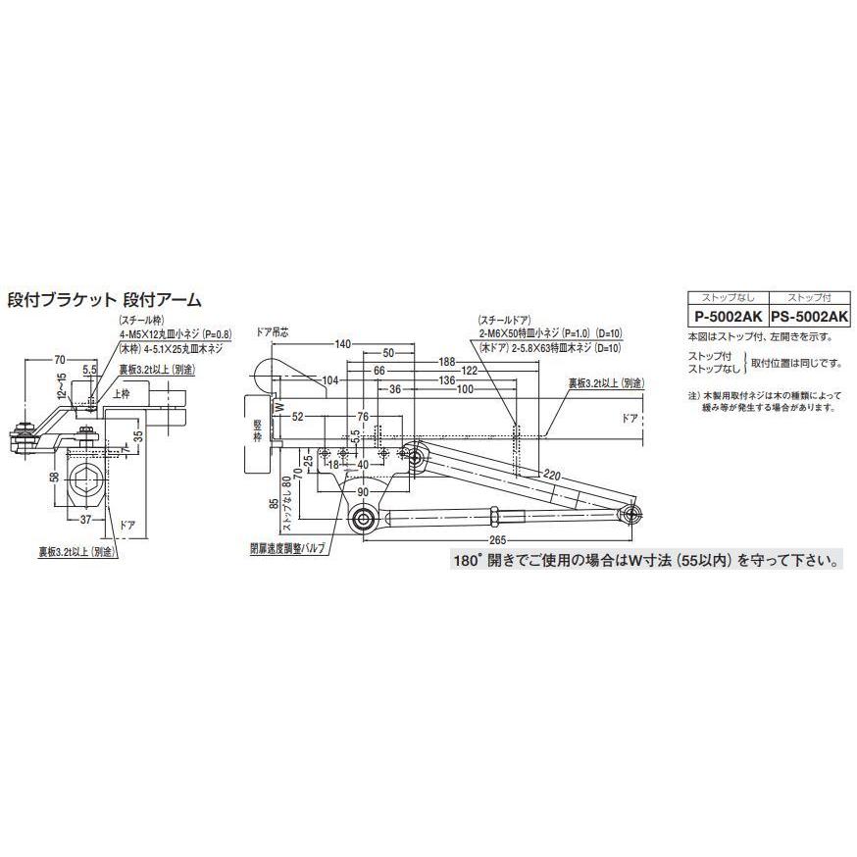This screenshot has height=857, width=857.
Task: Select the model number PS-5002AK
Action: pos(809,317)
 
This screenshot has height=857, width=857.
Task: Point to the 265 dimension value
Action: pos(499,541)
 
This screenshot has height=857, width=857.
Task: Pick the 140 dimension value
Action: pos(342,344)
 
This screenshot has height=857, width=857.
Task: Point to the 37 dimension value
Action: pos(86,521)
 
